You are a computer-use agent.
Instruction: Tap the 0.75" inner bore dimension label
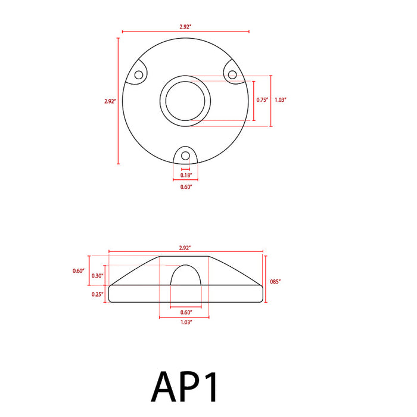[x=262, y=100]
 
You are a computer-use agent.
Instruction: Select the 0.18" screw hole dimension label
[x=186, y=175]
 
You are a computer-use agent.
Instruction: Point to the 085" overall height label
[x=275, y=281]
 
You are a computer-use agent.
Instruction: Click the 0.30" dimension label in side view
[x=98, y=275]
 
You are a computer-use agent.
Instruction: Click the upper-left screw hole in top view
[x=139, y=75]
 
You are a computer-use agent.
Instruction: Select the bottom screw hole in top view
[x=186, y=156]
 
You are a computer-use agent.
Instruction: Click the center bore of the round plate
[x=186, y=101]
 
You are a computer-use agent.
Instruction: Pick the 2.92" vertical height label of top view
[x=109, y=101]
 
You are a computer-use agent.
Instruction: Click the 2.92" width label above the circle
[x=186, y=26]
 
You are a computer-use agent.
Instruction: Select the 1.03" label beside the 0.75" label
[x=281, y=100]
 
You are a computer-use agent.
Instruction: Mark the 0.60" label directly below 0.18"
[x=186, y=187]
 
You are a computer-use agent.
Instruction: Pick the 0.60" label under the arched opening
[x=186, y=312]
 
